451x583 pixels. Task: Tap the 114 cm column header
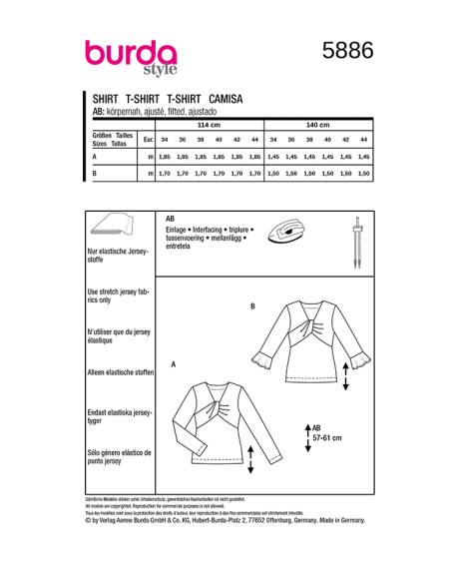[x=207, y=124]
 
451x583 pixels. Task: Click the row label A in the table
[x=94, y=157]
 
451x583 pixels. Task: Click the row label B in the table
[x=94, y=174]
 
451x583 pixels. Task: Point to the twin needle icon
[x=355, y=240]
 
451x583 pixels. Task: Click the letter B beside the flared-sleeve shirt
[x=252, y=305]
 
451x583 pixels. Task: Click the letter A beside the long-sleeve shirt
[x=174, y=365]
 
